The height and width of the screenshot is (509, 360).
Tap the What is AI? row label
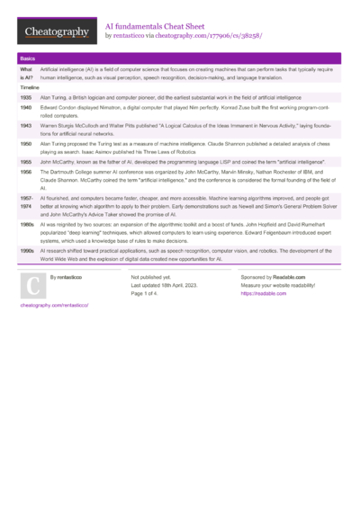[26, 73]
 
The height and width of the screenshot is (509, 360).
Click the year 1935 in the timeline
[26, 94]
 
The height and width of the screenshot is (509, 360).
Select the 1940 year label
[26, 106]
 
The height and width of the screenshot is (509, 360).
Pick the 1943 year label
[26, 126]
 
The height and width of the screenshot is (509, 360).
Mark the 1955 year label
[26, 161]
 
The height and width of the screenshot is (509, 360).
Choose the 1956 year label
[26, 171]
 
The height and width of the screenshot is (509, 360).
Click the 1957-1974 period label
[27, 201]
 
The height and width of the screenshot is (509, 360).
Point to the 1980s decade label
[27, 223]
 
